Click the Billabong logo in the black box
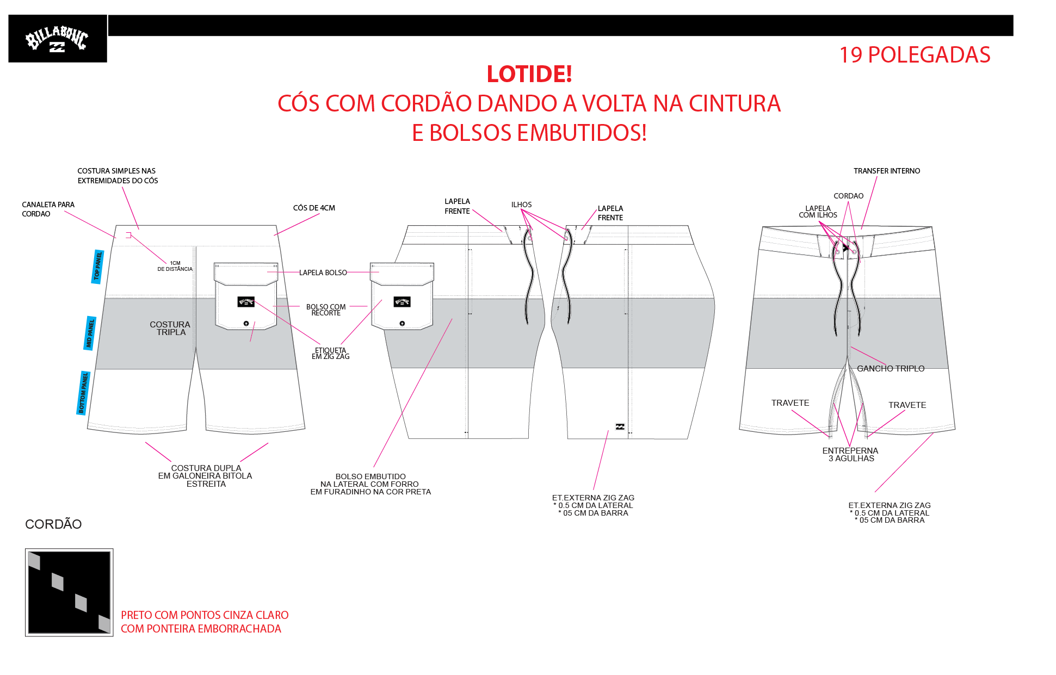tap(57, 39)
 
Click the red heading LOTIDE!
tap(529, 74)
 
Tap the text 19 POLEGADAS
tap(915, 55)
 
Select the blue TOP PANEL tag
tap(98, 267)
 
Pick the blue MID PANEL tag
tap(90, 333)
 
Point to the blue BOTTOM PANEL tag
tap(83, 393)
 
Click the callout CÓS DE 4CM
tap(314, 208)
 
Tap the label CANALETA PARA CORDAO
tap(48, 209)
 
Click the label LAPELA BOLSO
tap(323, 273)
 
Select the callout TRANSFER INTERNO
tap(887, 171)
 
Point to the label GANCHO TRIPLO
tap(891, 369)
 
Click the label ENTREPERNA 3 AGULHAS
tap(850, 454)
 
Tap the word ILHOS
tap(521, 205)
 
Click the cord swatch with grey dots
tap(69, 592)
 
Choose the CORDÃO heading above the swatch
tap(53, 524)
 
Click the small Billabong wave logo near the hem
tap(620, 426)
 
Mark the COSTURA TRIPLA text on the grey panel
tap(170, 328)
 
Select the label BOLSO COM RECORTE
tap(326, 309)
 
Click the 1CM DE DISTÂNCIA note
tap(175, 266)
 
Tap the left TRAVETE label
tap(790, 403)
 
